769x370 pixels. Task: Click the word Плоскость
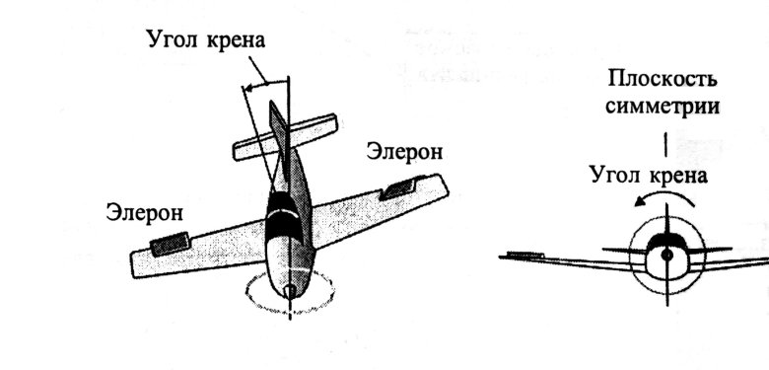(x=664, y=80)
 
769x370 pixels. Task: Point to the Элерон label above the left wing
(x=144, y=212)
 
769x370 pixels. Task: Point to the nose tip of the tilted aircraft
(x=288, y=292)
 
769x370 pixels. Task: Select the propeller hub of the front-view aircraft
(x=666, y=255)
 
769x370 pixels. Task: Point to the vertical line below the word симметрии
(x=666, y=145)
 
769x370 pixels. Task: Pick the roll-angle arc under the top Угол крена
(x=264, y=86)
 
